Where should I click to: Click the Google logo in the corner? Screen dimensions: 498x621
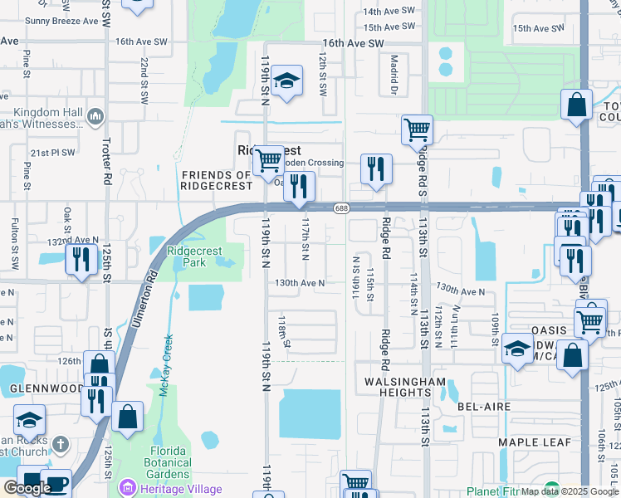coord(27,488)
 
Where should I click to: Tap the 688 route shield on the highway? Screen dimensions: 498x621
coord(340,207)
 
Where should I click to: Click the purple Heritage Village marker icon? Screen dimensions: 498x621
coord(126,487)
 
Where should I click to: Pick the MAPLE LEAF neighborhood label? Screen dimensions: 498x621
coord(531,442)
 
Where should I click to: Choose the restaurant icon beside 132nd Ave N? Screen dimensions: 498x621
coord(81,260)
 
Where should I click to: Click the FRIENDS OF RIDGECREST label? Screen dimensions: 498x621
coord(216,181)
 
